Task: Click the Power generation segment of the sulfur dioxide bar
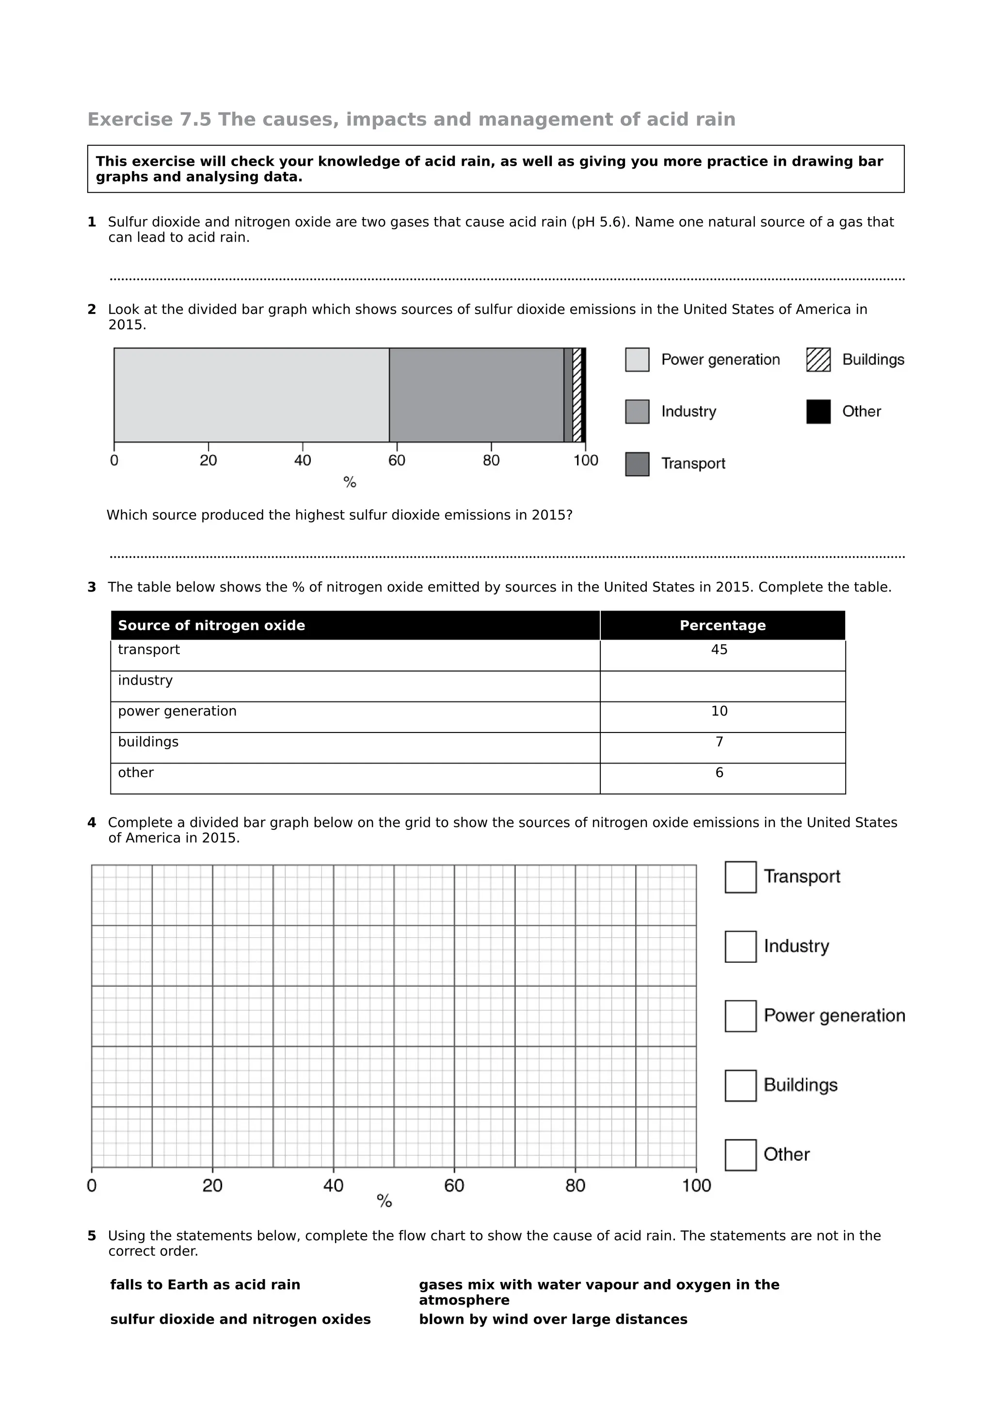click(x=251, y=395)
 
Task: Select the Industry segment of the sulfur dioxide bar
click(x=476, y=395)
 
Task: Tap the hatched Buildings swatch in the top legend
click(x=818, y=359)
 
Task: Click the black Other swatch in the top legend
click(x=818, y=411)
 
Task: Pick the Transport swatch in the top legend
click(x=637, y=464)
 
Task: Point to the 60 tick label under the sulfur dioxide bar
click(x=397, y=460)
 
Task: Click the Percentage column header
click(x=722, y=625)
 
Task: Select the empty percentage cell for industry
click(x=722, y=686)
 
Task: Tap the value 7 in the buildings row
click(x=719, y=742)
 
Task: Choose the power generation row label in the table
click(x=177, y=711)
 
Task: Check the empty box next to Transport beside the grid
click(x=740, y=877)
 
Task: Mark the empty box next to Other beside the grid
click(x=740, y=1154)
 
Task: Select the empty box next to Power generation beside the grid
click(x=740, y=1016)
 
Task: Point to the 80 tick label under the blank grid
click(x=575, y=1186)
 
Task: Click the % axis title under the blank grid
click(x=384, y=1201)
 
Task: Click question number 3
click(x=92, y=587)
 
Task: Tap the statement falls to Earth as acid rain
click(x=205, y=1284)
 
